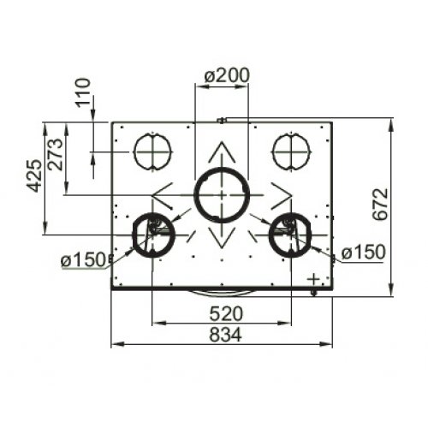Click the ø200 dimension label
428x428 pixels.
227,75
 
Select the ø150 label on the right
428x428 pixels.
362,253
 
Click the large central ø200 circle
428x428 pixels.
220,194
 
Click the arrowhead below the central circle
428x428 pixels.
221,239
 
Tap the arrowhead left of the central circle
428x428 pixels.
161,194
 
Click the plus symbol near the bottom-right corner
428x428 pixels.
314,278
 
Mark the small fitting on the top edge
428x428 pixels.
222,121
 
